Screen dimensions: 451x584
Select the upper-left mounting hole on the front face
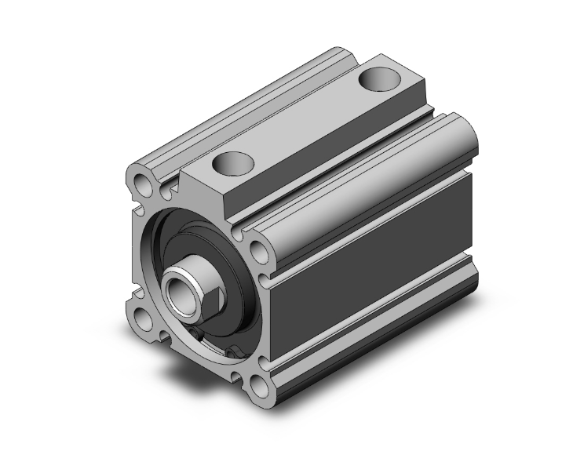(143, 186)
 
